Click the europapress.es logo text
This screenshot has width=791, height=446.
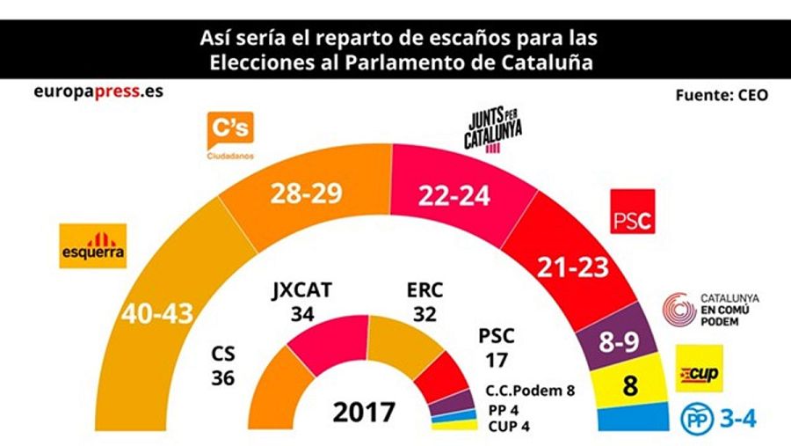(86, 91)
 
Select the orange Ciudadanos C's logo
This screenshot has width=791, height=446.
(229, 132)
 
